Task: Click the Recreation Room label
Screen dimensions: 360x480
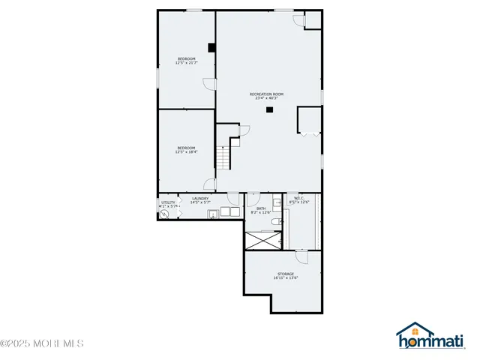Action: [x=267, y=94]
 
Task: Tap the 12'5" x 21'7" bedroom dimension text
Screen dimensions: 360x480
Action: [x=186, y=63]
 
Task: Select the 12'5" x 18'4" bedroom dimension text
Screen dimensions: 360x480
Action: [x=185, y=152]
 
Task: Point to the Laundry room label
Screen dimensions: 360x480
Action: [x=199, y=198]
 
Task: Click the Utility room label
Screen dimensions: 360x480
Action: [x=168, y=202]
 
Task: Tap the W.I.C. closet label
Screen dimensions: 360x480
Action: [x=298, y=198]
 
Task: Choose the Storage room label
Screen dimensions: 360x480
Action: [x=286, y=274]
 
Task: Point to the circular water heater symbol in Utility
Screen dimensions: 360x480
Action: [x=165, y=213]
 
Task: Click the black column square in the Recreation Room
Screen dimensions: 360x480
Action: [x=268, y=110]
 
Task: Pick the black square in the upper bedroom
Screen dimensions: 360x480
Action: [x=212, y=47]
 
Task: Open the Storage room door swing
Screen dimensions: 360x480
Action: [x=302, y=256]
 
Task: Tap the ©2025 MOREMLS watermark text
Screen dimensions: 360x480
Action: [x=42, y=344]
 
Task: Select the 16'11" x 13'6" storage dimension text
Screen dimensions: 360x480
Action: [x=286, y=278]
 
